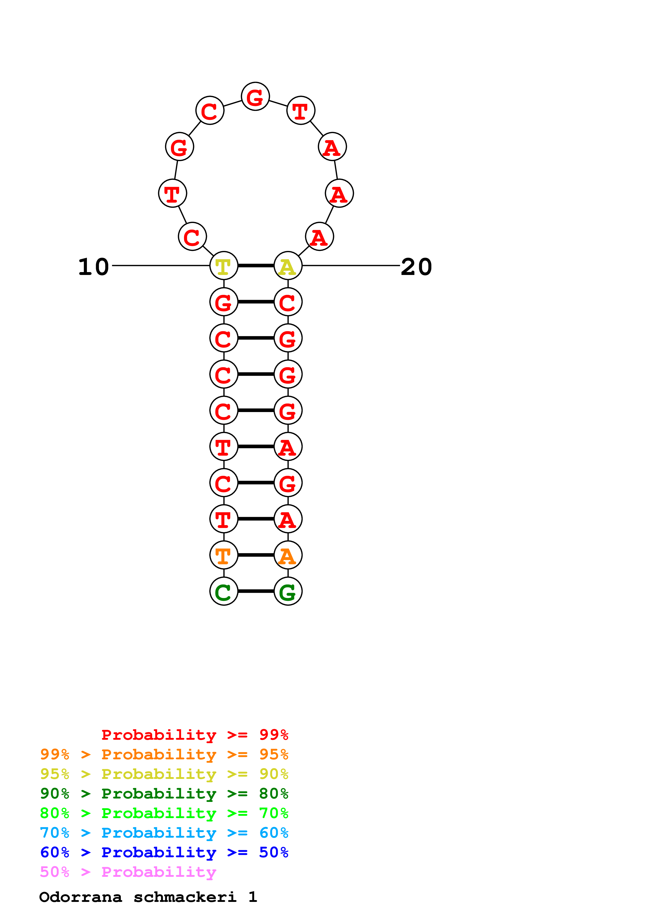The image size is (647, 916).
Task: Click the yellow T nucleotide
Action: pyautogui.click(x=224, y=266)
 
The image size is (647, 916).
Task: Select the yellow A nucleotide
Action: pyautogui.click(x=288, y=266)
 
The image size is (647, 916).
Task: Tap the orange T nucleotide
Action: pyautogui.click(x=224, y=555)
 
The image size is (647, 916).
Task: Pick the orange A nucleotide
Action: pyautogui.click(x=288, y=555)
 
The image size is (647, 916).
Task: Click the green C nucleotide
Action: pyautogui.click(x=224, y=591)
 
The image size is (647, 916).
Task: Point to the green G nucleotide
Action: pyautogui.click(x=288, y=591)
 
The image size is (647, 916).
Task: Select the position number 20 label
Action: pyautogui.click(x=416, y=267)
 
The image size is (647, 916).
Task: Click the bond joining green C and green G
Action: pyautogui.click(x=256, y=591)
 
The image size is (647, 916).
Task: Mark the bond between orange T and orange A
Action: pyautogui.click(x=256, y=555)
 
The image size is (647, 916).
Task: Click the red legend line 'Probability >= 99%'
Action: pyautogui.click(x=194, y=735)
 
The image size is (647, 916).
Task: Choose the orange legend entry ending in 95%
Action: pyautogui.click(x=164, y=754)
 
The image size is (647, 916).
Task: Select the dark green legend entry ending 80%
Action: pyautogui.click(x=164, y=794)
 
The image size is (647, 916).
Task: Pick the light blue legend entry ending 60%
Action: pyautogui.click(x=164, y=833)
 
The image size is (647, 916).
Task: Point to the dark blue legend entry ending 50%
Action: pyautogui.click(x=164, y=852)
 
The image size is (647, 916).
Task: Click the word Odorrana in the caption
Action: pyautogui.click(x=81, y=897)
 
